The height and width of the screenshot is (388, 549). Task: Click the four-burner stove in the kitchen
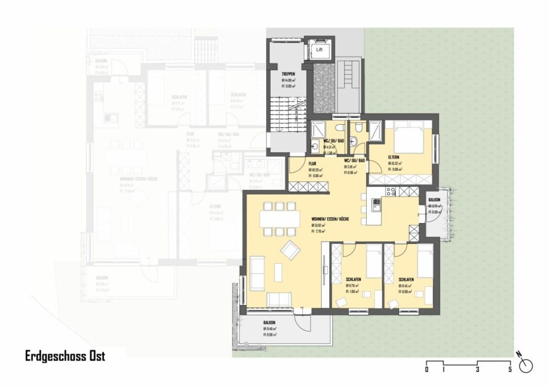click(391, 192)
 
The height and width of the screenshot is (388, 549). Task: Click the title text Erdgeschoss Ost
click(65, 356)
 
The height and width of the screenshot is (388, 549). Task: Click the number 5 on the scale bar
click(511, 370)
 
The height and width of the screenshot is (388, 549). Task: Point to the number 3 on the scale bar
click(478, 370)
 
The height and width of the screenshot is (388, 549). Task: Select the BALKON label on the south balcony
click(269, 323)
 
